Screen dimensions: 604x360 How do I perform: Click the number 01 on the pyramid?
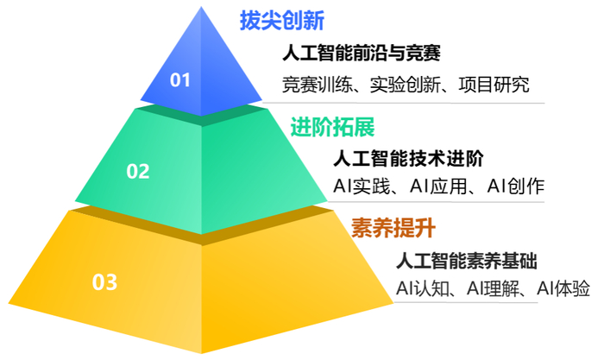pyautogui.click(x=179, y=80)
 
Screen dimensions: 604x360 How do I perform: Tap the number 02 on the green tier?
pyautogui.click(x=138, y=171)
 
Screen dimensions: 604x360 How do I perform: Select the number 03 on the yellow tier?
pyautogui.click(x=104, y=281)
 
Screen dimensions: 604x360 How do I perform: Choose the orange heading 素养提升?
pyautogui.click(x=393, y=229)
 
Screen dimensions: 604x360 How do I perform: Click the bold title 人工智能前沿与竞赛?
pyautogui.click(x=362, y=54)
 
